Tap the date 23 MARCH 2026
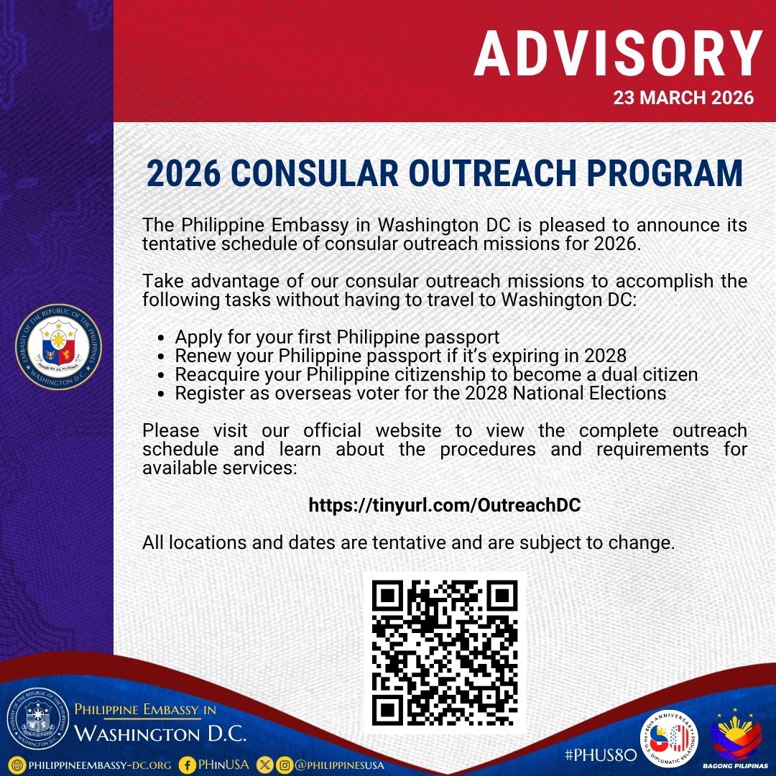pos(683,98)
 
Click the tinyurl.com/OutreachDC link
pos(444,505)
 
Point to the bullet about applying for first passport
pos(337,336)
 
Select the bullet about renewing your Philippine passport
pos(400,355)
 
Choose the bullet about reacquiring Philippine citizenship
pos(436,374)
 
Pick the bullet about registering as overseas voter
pos(420,393)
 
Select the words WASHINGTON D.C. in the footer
pos(161,734)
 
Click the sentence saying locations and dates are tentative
pos(408,542)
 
